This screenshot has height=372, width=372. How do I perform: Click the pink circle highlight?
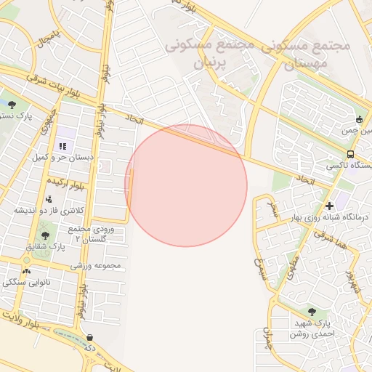point(186,185)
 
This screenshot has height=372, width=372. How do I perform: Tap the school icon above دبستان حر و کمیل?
point(62,146)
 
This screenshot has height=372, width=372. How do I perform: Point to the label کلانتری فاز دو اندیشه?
point(50,210)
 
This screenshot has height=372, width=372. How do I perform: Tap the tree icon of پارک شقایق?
point(45,235)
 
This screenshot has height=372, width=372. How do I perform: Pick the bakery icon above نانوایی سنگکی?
point(27,271)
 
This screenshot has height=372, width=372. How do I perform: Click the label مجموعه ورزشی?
point(95,266)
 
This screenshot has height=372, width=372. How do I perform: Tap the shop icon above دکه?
point(89,337)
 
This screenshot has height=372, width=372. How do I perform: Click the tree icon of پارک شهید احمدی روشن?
point(312,311)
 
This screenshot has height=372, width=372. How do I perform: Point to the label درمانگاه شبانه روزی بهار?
point(325,217)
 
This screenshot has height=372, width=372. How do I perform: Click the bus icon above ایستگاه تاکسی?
point(351,154)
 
